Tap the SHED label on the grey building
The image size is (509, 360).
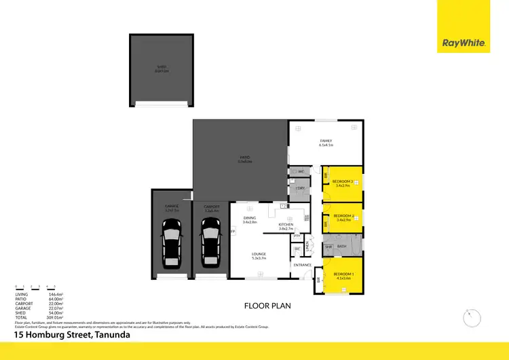point(162,67)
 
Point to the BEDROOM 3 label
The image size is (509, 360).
point(342,181)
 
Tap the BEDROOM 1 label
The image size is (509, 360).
point(343,274)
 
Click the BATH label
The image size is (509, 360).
point(342,246)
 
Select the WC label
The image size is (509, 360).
point(301,172)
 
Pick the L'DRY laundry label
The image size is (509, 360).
point(299,187)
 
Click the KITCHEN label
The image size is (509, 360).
point(286,225)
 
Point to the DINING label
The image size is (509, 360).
point(250,217)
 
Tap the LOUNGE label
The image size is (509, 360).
point(259,255)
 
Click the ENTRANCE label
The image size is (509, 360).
point(303,265)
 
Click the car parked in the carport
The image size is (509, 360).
point(210,247)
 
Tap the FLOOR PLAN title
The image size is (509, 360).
point(267,306)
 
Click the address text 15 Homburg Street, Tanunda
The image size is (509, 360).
point(72,335)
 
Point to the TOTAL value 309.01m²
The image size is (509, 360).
point(54,317)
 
